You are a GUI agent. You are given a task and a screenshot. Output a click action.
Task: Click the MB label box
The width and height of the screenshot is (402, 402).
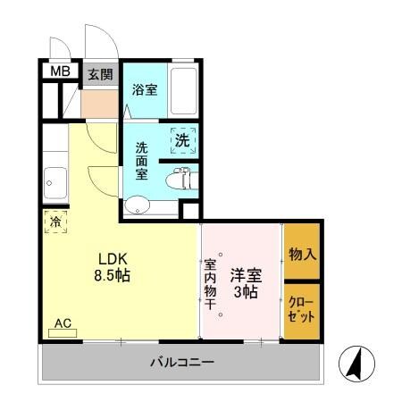[x=59, y=71]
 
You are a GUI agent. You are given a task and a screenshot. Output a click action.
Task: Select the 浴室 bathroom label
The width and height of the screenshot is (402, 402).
[x=145, y=90]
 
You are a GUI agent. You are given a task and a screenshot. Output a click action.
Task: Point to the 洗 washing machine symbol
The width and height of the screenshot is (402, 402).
[x=182, y=139]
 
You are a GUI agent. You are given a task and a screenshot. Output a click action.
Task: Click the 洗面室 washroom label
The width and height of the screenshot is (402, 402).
[x=142, y=160]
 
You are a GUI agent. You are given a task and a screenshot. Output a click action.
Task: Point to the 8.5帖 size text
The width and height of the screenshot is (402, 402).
[x=113, y=275]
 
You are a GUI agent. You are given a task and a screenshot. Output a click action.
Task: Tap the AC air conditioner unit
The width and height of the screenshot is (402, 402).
[x=63, y=329]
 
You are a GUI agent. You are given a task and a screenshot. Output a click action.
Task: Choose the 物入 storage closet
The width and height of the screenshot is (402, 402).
[x=302, y=254]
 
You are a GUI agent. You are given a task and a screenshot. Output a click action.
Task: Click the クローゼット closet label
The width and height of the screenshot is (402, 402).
[x=302, y=309]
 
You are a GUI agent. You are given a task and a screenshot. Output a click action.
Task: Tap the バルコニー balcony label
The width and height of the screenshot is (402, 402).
[x=180, y=363]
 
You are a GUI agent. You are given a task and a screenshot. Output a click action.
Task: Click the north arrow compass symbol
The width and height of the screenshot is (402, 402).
[x=354, y=363]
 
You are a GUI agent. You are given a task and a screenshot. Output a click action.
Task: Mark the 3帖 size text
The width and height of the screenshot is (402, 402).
[x=245, y=293]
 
